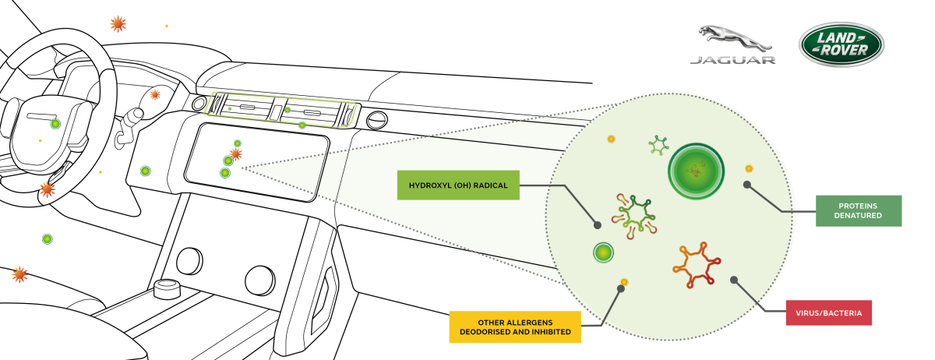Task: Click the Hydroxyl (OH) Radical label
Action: pos(458,185)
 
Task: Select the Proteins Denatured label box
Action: pos(859,211)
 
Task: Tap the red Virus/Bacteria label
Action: pos(828,312)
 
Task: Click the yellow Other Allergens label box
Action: pos(515,327)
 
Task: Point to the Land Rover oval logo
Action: pos(841,44)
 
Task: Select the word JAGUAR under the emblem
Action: pos(733,60)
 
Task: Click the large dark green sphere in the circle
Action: pos(696,171)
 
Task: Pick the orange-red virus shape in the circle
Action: pos(697,265)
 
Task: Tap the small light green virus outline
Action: pos(658,146)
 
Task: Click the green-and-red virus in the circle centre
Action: pos(634,216)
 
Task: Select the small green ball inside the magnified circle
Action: pos(603,252)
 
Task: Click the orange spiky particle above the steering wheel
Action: pos(118,24)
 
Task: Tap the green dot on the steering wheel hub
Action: pos(55,124)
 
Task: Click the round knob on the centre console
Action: pos(167,288)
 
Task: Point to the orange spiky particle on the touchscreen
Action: pos(236,154)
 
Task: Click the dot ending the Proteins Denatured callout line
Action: pos(747,185)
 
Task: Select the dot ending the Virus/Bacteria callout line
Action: pos(734,280)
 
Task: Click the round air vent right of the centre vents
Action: pos(376,120)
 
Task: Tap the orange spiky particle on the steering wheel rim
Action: pos(48,189)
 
